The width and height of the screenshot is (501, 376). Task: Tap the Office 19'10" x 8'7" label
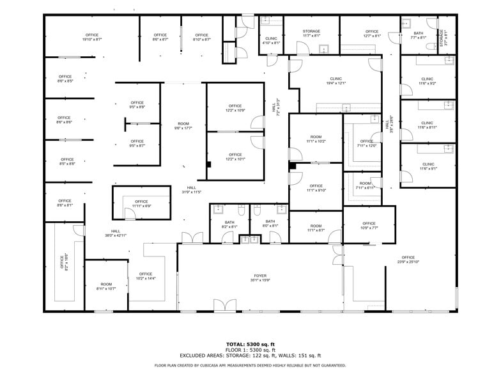point(92,37)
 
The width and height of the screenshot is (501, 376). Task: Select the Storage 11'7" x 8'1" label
point(311,34)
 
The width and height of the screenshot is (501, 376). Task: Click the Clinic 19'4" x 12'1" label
point(336,81)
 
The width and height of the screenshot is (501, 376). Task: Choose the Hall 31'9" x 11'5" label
point(192,189)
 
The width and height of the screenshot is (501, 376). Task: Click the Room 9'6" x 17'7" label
point(183,126)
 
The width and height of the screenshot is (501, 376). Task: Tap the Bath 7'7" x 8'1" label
point(419,35)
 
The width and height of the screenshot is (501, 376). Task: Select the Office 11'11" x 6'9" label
point(141,203)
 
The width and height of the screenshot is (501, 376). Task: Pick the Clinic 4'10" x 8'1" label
point(272,41)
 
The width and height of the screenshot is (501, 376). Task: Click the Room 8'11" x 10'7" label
point(106,286)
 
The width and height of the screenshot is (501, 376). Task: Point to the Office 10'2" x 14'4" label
point(146,276)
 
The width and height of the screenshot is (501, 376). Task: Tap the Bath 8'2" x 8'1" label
point(229,224)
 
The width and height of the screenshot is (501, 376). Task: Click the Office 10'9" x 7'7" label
point(369,226)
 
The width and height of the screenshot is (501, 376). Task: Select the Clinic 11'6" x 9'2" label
point(427,81)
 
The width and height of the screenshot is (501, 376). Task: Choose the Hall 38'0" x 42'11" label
point(116,233)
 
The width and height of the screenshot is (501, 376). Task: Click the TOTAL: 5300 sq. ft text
point(250,345)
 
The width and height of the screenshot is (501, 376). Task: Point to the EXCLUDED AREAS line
point(250,356)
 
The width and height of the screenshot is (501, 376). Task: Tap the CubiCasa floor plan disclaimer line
point(250,365)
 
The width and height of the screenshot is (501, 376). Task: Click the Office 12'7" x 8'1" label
point(372,34)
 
